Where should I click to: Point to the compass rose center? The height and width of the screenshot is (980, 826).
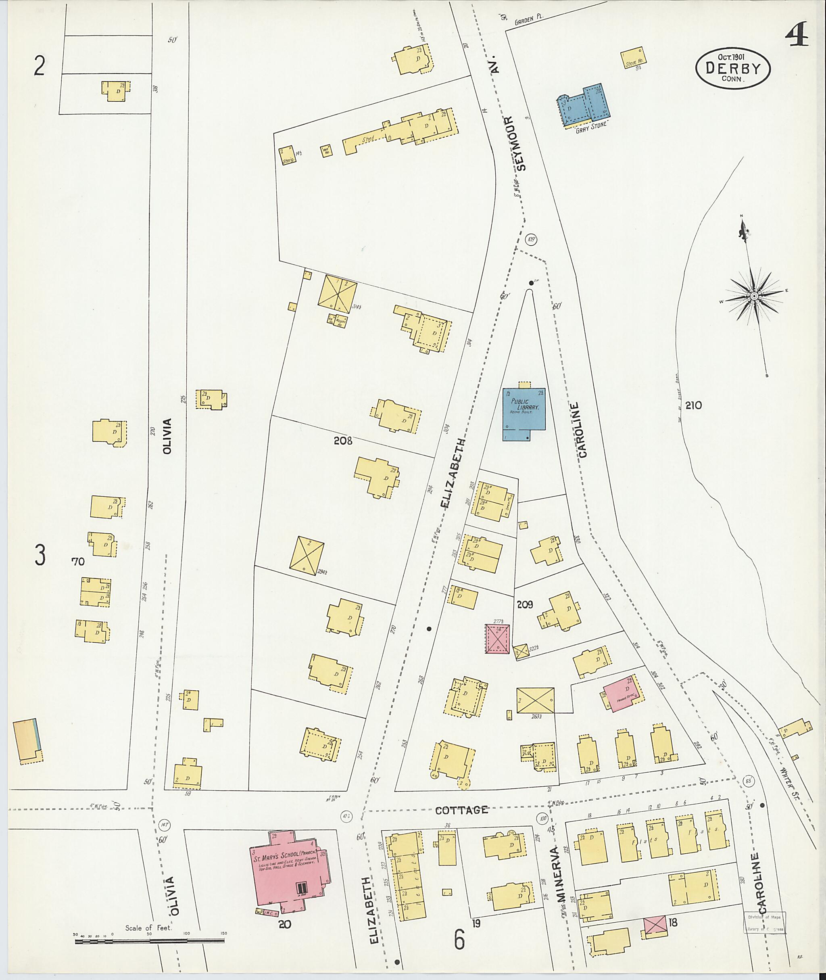[754, 296]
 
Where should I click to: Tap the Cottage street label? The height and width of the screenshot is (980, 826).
[462, 810]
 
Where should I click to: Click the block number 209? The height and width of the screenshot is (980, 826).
[525, 605]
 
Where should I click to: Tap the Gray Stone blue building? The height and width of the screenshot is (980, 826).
[584, 107]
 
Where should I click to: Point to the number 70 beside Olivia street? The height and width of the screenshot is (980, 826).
[78, 561]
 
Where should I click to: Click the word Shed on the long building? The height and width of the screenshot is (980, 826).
[369, 140]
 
